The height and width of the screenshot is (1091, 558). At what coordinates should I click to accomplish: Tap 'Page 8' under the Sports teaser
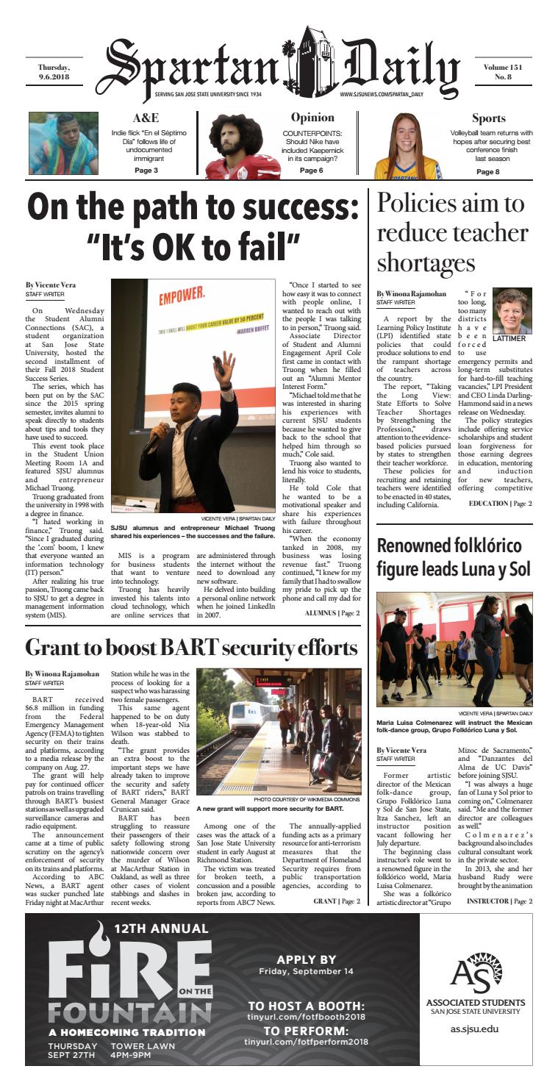pos(488,172)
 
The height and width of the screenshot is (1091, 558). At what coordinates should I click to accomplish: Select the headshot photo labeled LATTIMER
pos(511,309)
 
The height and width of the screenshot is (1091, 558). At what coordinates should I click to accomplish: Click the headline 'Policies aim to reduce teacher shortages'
pos(452,234)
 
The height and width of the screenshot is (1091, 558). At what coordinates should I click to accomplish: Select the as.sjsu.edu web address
pos(474,1029)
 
